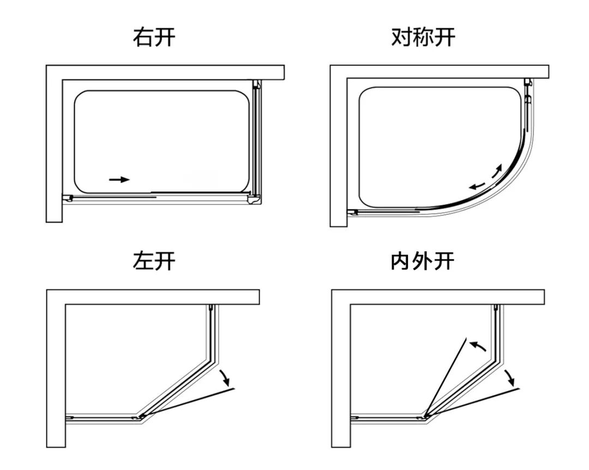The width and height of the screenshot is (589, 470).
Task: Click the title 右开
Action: click(154, 38)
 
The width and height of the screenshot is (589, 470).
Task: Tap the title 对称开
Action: click(423, 38)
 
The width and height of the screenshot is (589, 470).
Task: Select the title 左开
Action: click(154, 261)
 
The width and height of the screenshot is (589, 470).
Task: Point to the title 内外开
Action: click(423, 261)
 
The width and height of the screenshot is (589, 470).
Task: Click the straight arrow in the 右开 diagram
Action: click(119, 179)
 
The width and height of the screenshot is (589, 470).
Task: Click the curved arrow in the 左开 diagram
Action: click(224, 376)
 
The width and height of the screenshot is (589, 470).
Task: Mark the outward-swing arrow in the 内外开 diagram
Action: click(508, 376)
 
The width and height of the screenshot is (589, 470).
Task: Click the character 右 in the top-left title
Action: click(143, 38)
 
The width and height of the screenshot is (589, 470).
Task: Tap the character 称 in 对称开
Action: click(423, 38)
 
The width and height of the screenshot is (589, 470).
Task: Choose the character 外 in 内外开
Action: click(423, 261)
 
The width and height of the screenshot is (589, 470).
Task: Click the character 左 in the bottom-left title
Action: click(143, 261)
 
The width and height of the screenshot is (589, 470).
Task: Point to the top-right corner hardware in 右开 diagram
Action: click(256, 84)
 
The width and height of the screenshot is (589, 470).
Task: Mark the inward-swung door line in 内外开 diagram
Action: click(446, 376)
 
